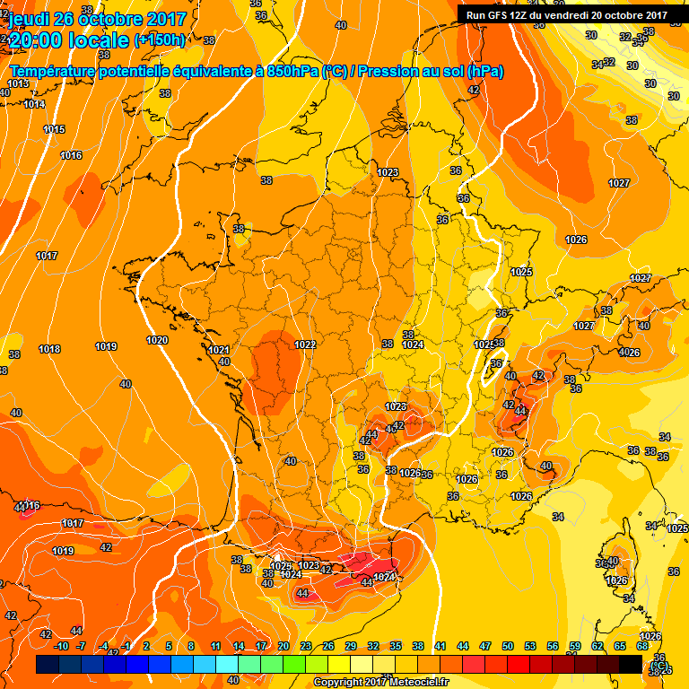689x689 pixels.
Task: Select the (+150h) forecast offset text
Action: [x=160, y=40]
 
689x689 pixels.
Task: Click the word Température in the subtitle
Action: [x=56, y=72]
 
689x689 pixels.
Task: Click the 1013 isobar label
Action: [x=18, y=83]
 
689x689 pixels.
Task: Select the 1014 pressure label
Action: [x=34, y=105]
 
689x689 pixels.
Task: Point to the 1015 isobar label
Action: [x=54, y=130]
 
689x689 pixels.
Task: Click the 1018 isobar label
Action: [x=49, y=349]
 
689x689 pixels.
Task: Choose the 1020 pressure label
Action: [x=157, y=340]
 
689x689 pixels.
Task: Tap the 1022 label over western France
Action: [x=305, y=344]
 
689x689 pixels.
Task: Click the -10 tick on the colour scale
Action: [x=61, y=646]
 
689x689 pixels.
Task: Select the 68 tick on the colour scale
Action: [x=642, y=646]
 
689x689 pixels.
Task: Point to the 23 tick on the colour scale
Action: [x=306, y=646]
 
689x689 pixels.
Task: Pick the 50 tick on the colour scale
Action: [x=508, y=646]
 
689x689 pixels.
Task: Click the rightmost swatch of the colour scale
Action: [x=631, y=664]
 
